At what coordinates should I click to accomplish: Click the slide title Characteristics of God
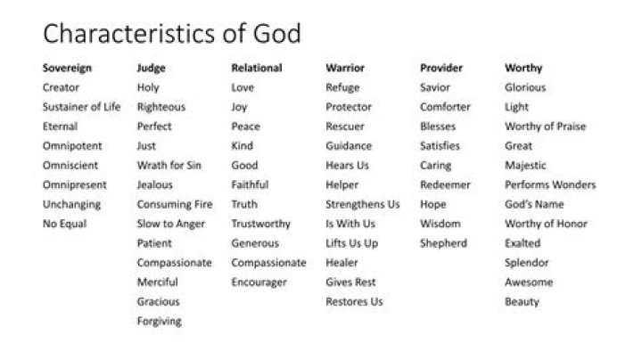[171, 34]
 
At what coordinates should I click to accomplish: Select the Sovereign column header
[67, 68]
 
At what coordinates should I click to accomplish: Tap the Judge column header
[151, 68]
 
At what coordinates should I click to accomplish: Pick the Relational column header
[257, 68]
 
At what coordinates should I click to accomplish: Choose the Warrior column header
[346, 68]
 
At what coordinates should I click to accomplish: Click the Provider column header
[442, 68]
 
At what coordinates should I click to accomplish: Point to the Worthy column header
[523, 68]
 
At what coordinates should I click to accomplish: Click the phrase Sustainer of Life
[81, 107]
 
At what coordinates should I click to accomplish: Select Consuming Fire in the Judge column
[175, 204]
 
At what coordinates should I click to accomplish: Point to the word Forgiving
[159, 321]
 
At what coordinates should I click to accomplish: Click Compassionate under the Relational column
[268, 263]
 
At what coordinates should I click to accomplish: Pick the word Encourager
[259, 282]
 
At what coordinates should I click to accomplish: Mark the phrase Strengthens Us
[363, 204]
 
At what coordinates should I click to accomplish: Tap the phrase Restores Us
[354, 302]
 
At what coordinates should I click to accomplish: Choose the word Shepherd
[443, 243]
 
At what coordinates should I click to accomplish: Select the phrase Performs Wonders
[550, 184]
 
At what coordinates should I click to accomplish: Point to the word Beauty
[522, 302]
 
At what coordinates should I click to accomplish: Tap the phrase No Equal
[64, 224]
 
